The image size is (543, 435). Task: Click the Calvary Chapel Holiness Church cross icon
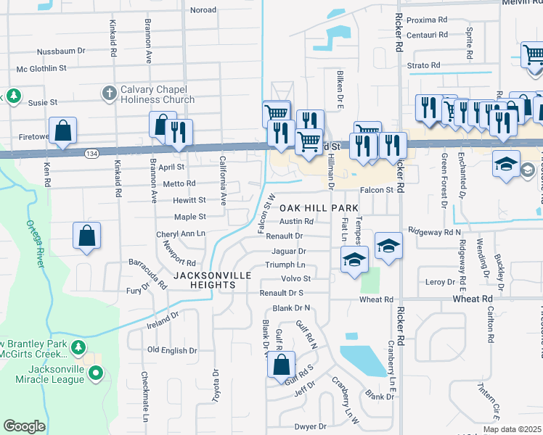point(110,93)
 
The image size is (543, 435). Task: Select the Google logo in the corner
point(24,426)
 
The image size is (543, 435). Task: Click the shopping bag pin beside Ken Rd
point(64,131)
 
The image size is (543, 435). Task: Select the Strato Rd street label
point(423,65)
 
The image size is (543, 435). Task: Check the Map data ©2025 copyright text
point(512,429)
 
